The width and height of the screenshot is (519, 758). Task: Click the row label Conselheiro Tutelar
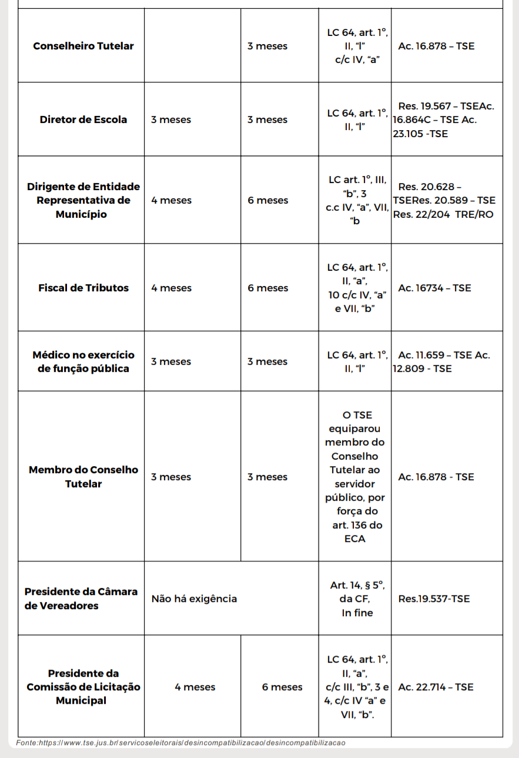[83, 46]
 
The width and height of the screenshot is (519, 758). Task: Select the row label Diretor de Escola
[83, 119]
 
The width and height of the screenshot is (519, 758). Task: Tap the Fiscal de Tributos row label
[83, 288]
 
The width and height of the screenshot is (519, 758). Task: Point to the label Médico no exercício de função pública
[83, 361]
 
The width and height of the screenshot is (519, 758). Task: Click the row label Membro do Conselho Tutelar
[83, 477]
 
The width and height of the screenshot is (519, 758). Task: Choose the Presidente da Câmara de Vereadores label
[81, 599]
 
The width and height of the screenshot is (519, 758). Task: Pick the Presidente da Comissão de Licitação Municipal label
[83, 687]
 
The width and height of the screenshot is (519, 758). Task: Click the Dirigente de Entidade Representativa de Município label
[83, 200]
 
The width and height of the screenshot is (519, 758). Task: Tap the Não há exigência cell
[194, 599]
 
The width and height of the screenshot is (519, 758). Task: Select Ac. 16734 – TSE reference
[434, 288]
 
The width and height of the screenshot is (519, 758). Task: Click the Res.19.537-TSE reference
[434, 599]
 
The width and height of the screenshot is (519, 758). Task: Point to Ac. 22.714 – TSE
[436, 687]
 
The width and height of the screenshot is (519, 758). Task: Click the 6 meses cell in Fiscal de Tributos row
[267, 288]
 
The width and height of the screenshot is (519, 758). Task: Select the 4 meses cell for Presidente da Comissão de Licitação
[195, 687]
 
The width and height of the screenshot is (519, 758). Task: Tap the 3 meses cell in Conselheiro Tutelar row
[267, 46]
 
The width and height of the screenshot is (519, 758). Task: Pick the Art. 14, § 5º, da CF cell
[357, 599]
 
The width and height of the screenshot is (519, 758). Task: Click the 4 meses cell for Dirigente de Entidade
[171, 200]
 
